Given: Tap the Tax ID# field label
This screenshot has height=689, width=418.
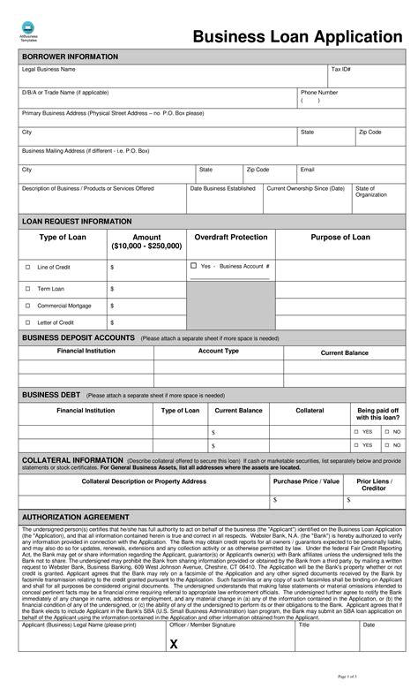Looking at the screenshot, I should [x=341, y=69].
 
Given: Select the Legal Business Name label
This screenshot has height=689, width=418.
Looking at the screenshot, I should [x=49, y=69].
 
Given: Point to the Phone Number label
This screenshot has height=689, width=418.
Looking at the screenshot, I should [x=318, y=92].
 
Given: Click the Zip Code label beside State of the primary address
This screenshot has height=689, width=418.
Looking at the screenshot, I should [x=369, y=132].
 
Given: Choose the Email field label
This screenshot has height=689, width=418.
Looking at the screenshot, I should [x=308, y=169].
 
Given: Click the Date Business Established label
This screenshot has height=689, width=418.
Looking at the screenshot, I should [x=223, y=188].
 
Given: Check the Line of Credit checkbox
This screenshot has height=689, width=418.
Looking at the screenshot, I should [x=27, y=267].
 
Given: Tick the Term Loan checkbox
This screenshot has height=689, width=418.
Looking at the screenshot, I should [x=27, y=289].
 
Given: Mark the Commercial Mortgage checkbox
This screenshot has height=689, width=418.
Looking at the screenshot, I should [x=27, y=306].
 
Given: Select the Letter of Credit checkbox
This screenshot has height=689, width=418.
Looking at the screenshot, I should [x=27, y=322].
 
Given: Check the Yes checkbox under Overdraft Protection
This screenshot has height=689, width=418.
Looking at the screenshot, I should [x=193, y=265].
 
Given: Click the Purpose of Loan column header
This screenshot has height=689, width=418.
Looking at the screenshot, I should [x=340, y=238].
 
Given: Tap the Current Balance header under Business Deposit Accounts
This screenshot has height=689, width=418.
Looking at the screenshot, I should [x=344, y=352].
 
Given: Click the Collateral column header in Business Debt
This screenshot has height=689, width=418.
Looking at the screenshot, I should [x=310, y=411].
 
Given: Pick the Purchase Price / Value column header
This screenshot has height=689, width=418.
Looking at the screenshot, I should [x=306, y=481].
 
